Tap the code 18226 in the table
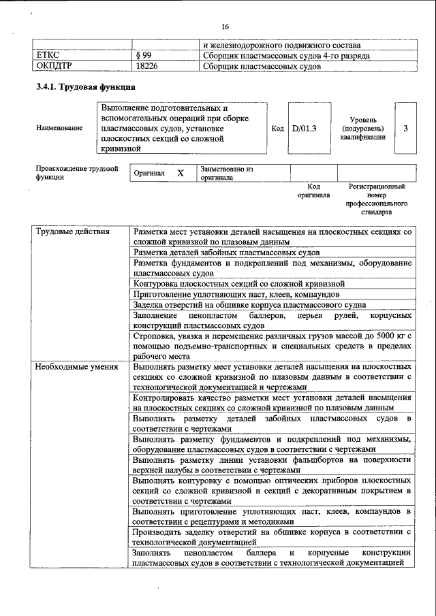[147, 67]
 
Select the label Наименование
[60, 128]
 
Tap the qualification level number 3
[406, 128]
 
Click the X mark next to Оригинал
[181, 173]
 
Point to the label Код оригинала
[313, 191]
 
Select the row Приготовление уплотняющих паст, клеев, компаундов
[236, 295]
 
